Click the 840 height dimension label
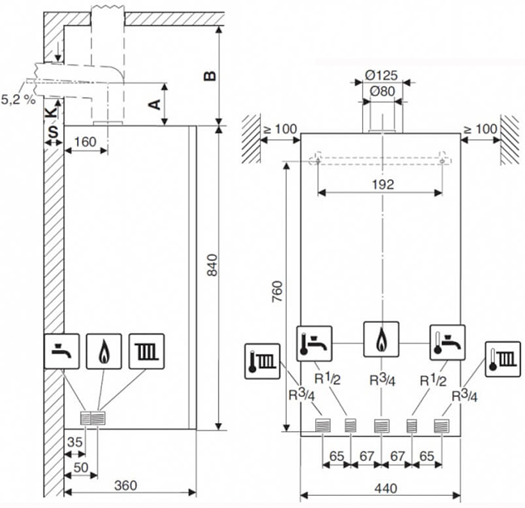tap(212, 265)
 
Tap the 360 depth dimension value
tap(126, 485)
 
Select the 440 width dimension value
tap(386, 489)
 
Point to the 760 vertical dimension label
tap(277, 292)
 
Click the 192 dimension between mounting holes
tap(383, 184)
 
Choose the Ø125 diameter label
tap(381, 75)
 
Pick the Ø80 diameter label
tap(382, 91)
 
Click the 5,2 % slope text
tap(18, 100)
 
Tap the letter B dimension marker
tap(210, 76)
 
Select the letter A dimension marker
tap(155, 105)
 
